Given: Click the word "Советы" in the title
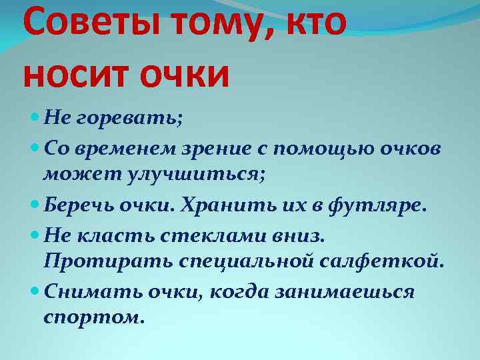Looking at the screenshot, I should (89, 25).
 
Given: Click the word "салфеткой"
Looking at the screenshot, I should (383, 260).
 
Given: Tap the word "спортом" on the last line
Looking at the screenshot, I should (93, 317).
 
